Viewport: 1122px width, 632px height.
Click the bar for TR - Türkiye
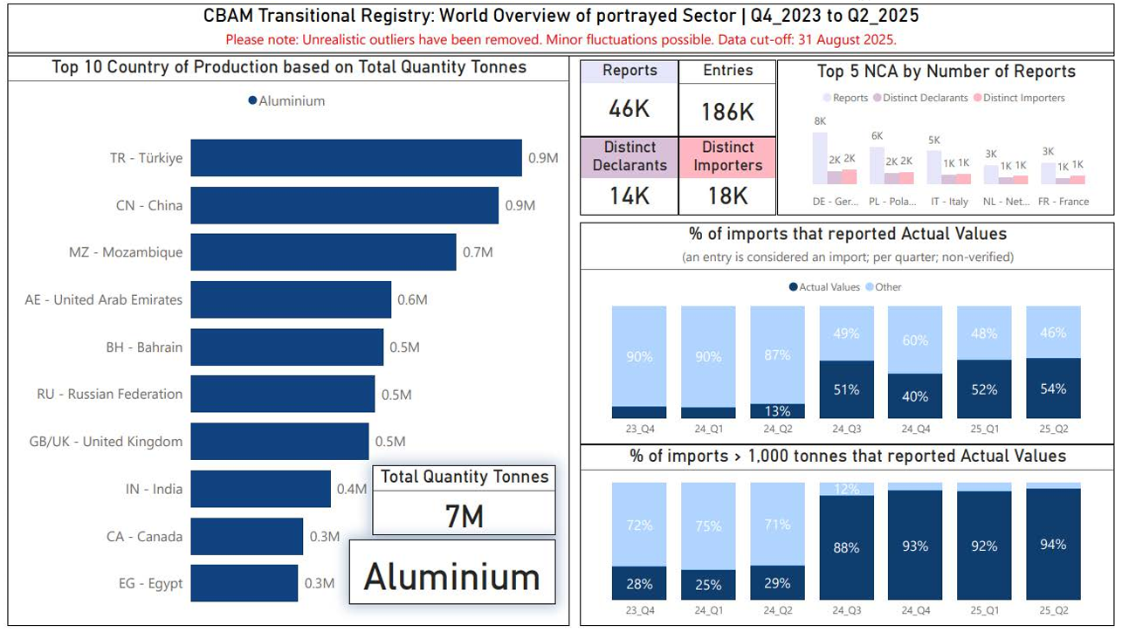pos(356,158)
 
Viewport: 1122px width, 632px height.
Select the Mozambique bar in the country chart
pos(323,252)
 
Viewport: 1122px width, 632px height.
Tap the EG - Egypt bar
pos(244,583)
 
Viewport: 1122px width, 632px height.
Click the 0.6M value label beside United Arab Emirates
pos(412,299)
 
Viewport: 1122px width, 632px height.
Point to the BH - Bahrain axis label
pos(144,347)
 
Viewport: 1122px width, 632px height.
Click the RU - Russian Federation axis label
pos(110,395)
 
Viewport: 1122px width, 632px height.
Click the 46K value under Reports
pos(629,109)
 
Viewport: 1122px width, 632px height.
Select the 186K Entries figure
pos(727,111)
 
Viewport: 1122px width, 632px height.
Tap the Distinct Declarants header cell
pos(629,156)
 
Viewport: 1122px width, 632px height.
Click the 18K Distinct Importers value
pos(727,196)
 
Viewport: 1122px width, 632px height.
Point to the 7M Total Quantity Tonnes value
pos(464,516)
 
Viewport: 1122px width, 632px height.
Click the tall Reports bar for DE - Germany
pos(819,158)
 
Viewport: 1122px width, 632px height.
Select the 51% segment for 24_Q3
pos(846,389)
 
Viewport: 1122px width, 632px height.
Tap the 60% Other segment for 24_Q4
pos(915,340)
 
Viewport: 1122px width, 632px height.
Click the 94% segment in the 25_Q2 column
pos(1053,545)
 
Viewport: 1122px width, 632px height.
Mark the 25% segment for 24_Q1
pos(708,584)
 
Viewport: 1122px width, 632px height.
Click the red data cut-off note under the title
pos(561,40)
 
